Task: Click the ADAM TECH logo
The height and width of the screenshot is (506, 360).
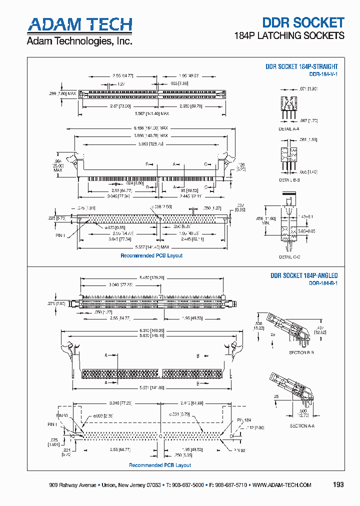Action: coord(79,24)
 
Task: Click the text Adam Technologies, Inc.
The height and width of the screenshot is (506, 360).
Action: coord(79,41)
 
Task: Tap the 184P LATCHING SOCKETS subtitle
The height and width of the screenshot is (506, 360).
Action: coord(289,35)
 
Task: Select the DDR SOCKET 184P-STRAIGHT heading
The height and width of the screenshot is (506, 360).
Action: coord(301,66)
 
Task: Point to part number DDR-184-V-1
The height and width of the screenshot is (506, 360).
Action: coord(323,74)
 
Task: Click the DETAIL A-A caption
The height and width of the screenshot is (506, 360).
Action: coord(289,129)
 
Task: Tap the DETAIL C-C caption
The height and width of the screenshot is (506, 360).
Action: coord(289,256)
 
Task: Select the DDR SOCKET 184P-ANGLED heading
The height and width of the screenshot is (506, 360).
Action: coord(304,275)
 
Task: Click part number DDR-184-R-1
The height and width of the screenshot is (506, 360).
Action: coord(323,283)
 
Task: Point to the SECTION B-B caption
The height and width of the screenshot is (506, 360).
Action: coord(301,352)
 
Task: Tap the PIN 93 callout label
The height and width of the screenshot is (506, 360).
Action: coord(62,415)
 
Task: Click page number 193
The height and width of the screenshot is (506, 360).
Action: coord(338,484)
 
